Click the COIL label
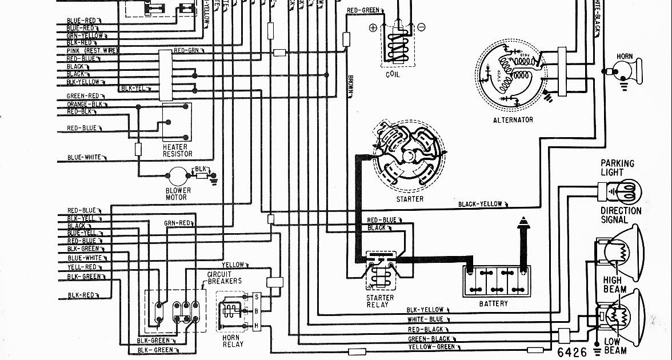click(x=393, y=74)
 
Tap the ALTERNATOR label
click(x=513, y=120)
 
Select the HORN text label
click(x=625, y=56)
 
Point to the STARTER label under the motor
click(x=410, y=199)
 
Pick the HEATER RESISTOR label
click(x=177, y=150)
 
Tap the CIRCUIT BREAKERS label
click(x=224, y=278)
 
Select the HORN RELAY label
click(x=233, y=340)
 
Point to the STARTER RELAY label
click(x=380, y=301)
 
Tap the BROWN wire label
click(x=350, y=86)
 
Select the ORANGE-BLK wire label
click(x=85, y=104)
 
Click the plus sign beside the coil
click(x=373, y=28)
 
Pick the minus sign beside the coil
click(x=421, y=27)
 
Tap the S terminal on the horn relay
click(x=257, y=297)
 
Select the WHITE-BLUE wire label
click(x=425, y=319)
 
